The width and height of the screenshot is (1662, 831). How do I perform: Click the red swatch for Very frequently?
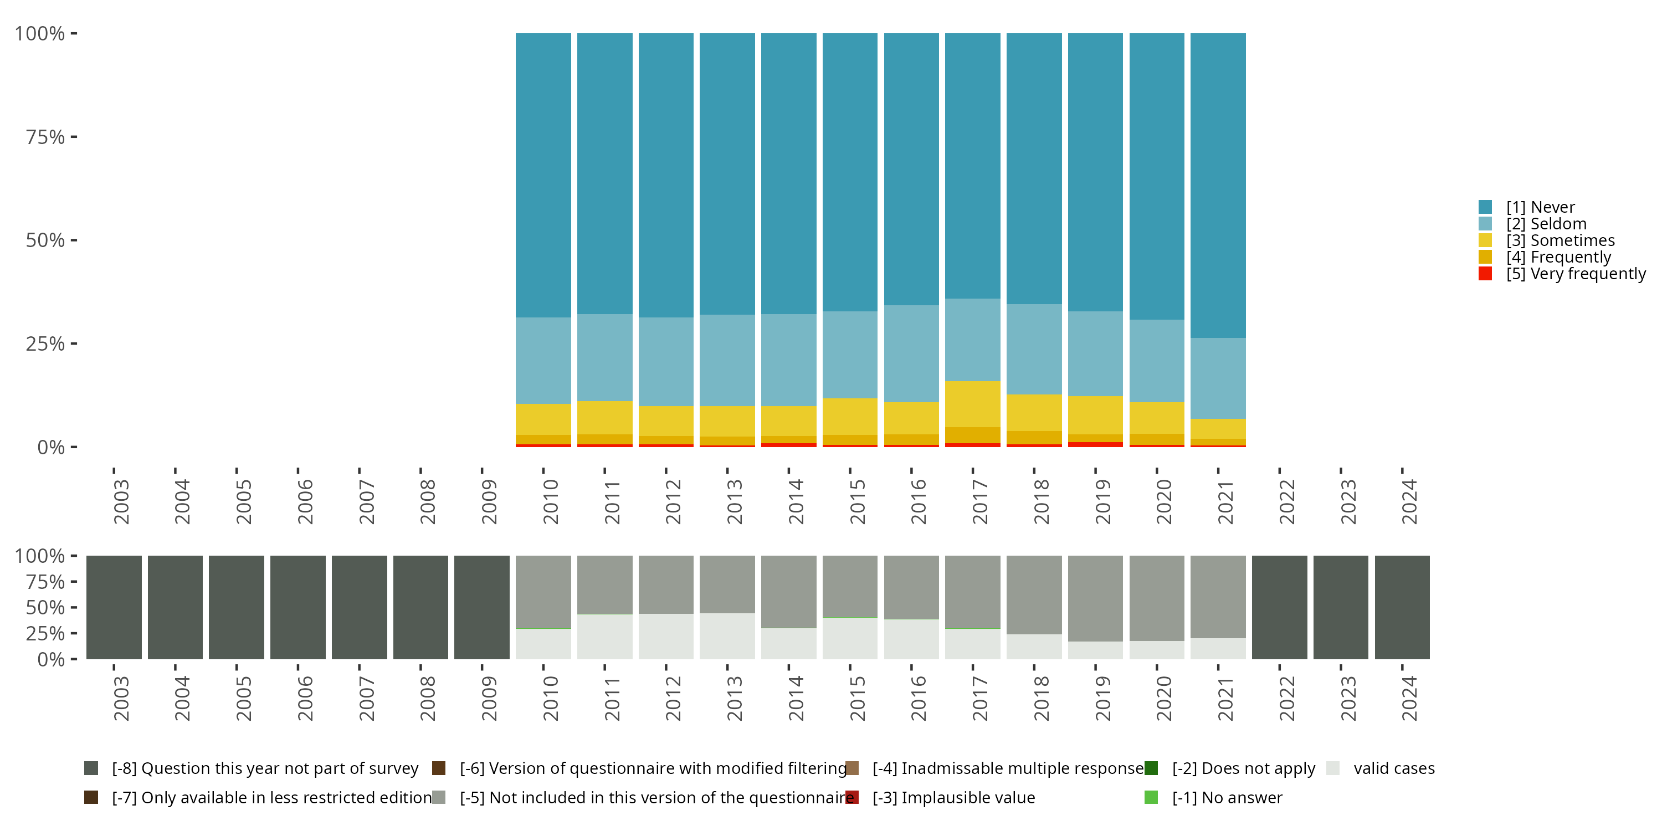point(1485,274)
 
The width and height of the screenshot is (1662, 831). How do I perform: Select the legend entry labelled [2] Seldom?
point(1546,224)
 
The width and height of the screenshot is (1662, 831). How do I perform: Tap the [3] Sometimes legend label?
point(1560,240)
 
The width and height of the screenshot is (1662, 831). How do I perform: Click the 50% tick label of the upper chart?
point(45,240)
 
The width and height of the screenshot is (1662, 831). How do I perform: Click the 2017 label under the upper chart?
point(979,501)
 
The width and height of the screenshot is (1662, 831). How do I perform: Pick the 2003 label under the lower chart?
point(121,698)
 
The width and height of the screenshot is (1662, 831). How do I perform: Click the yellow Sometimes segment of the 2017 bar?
point(972,404)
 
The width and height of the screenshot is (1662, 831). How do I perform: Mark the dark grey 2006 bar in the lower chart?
point(297,607)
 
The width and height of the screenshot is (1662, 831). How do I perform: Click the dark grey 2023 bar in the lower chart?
point(1340,607)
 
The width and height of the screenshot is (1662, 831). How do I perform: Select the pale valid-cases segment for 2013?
point(727,636)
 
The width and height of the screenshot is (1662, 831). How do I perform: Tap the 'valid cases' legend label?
point(1394,768)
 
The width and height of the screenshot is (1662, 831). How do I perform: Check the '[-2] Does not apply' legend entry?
point(1243,768)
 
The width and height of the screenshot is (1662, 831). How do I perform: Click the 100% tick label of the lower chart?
point(40,556)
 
